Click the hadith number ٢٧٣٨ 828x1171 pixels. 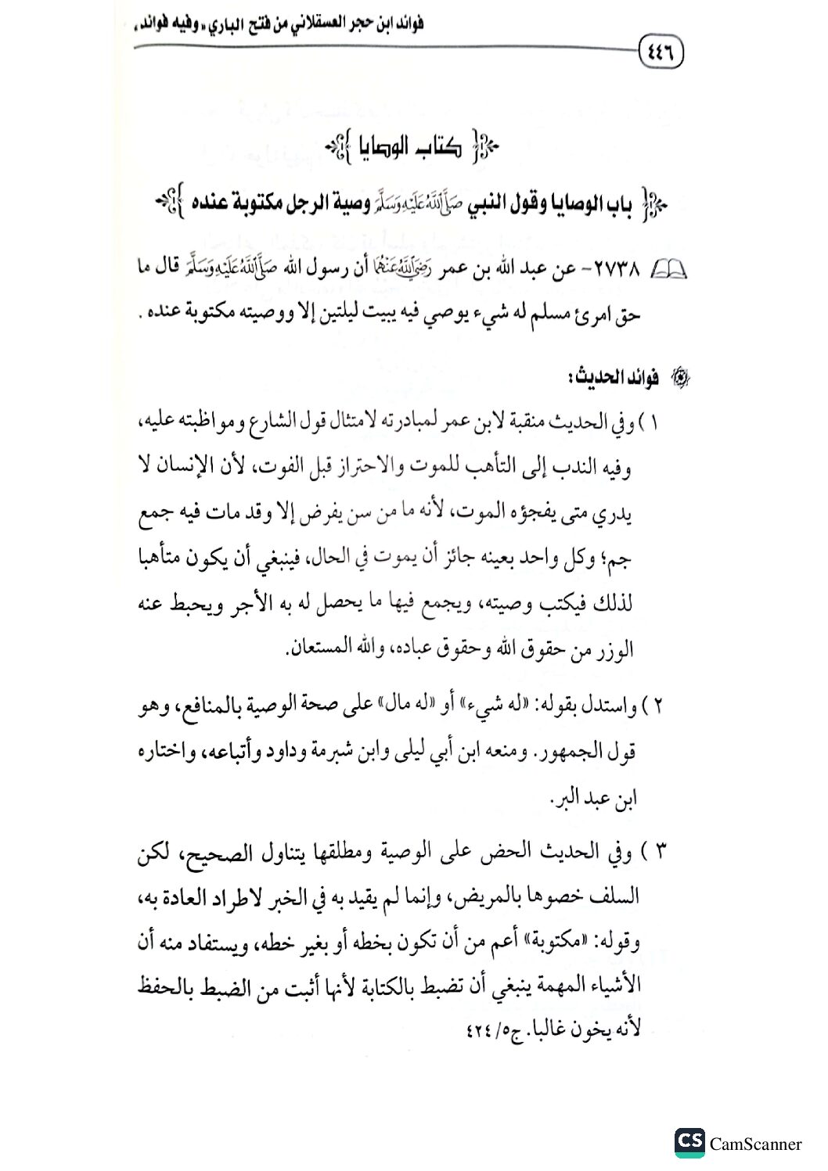coord(619,271)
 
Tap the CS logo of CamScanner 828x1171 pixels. coord(689,1142)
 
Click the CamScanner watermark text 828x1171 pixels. coord(755,1144)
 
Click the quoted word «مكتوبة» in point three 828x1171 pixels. coord(572,943)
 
